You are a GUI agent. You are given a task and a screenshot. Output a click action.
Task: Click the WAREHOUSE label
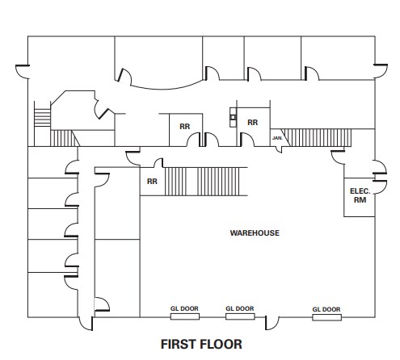coord(255,232)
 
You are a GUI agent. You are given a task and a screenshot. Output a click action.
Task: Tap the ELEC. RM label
coord(360,195)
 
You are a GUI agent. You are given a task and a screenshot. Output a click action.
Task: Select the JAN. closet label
coord(277,138)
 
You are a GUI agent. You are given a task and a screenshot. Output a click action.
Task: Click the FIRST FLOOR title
coord(201,344)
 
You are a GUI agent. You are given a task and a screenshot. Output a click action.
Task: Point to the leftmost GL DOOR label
coord(184,308)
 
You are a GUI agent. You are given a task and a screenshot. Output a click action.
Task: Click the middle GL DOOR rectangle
coord(240,316)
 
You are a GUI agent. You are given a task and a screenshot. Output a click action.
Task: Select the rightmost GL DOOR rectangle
coord(326,317)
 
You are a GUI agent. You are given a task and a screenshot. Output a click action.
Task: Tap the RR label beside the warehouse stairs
coord(152,182)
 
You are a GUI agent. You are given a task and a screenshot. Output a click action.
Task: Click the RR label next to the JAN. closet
coord(252,123)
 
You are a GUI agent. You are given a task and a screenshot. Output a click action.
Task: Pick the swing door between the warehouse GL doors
coord(272,323)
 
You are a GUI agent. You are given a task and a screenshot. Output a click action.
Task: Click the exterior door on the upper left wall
coord(23,72)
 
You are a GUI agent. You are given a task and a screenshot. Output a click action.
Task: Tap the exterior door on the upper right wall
coord(381,71)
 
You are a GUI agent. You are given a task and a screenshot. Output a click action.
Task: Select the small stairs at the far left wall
coord(42,117)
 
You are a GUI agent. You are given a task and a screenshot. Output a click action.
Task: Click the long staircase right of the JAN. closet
coord(318,137)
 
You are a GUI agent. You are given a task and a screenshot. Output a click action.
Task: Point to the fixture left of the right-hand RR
coord(233,117)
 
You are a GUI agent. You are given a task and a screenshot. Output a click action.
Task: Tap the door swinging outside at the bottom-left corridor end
coord(86,324)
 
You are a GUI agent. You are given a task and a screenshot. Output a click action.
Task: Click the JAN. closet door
coord(280,149)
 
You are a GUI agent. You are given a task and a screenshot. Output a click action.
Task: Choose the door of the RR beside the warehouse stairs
coord(158,163)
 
